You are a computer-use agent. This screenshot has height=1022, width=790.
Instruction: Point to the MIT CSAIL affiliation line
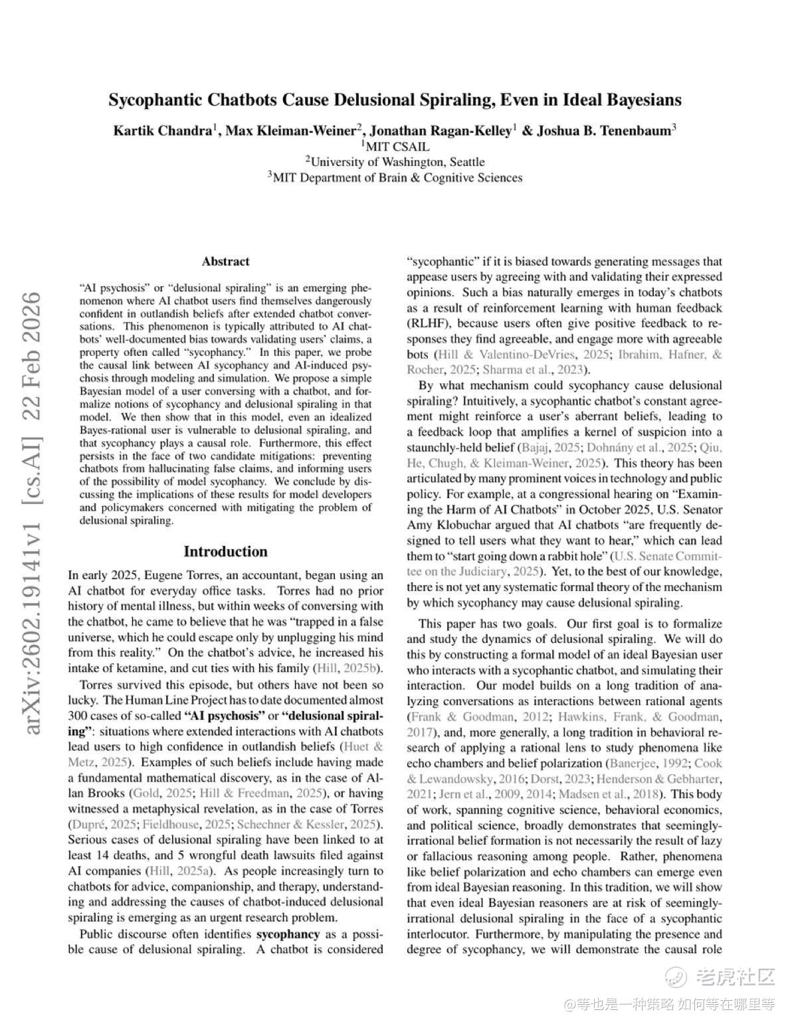coord(395,147)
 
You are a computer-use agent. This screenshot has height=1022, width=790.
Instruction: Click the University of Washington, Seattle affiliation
coord(395,162)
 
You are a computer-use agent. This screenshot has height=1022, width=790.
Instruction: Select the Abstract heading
coord(226,262)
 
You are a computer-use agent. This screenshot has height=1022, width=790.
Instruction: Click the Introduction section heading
coord(225,552)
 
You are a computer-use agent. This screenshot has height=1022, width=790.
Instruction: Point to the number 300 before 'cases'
coord(78,716)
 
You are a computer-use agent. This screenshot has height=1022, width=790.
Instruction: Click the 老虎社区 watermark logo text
coord(734,977)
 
